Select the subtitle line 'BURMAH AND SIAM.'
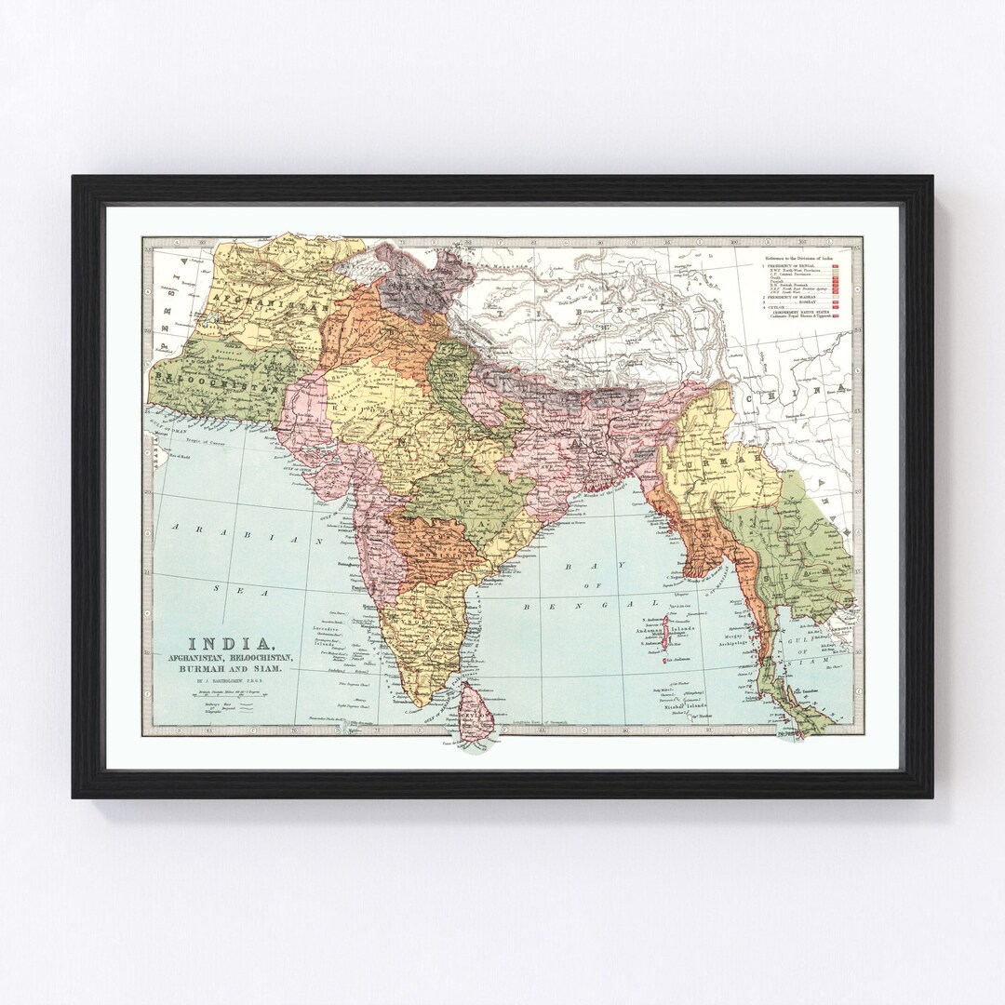[x=231, y=671]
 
